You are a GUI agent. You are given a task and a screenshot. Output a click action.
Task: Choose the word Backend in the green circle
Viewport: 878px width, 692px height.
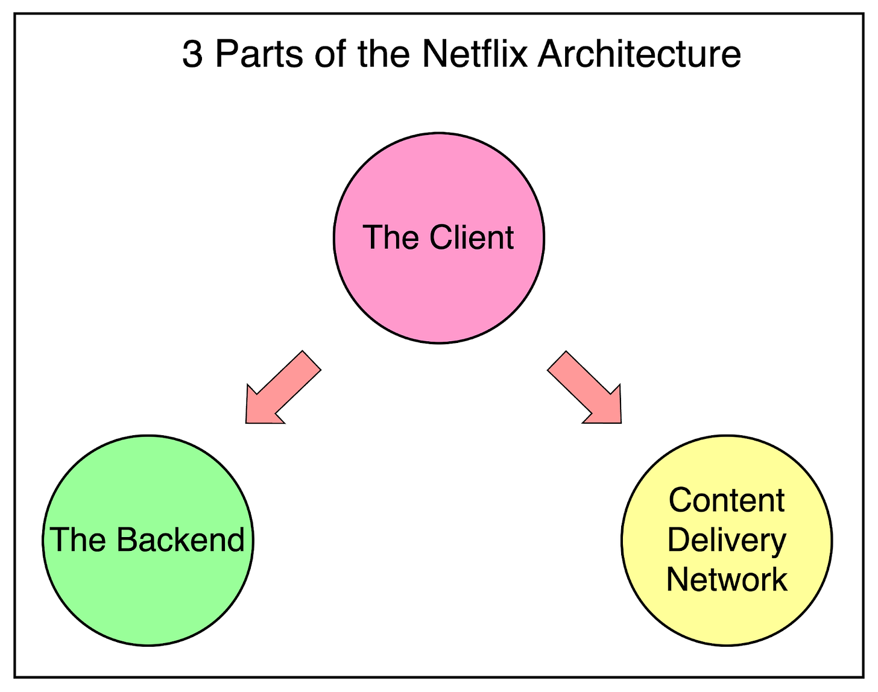point(180,539)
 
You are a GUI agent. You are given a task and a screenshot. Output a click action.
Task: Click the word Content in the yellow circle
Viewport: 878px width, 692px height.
point(727,500)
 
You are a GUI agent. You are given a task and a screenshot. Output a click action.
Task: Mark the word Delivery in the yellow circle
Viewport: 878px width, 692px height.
point(727,540)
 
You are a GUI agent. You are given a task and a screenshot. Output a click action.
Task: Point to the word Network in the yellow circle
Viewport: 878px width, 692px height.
point(727,579)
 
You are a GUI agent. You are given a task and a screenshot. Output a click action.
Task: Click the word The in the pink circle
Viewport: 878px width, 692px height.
point(390,237)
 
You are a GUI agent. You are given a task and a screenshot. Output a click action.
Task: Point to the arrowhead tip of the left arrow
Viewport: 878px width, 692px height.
point(248,421)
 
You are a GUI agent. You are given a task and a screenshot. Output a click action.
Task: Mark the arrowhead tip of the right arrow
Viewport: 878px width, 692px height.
point(619,421)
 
